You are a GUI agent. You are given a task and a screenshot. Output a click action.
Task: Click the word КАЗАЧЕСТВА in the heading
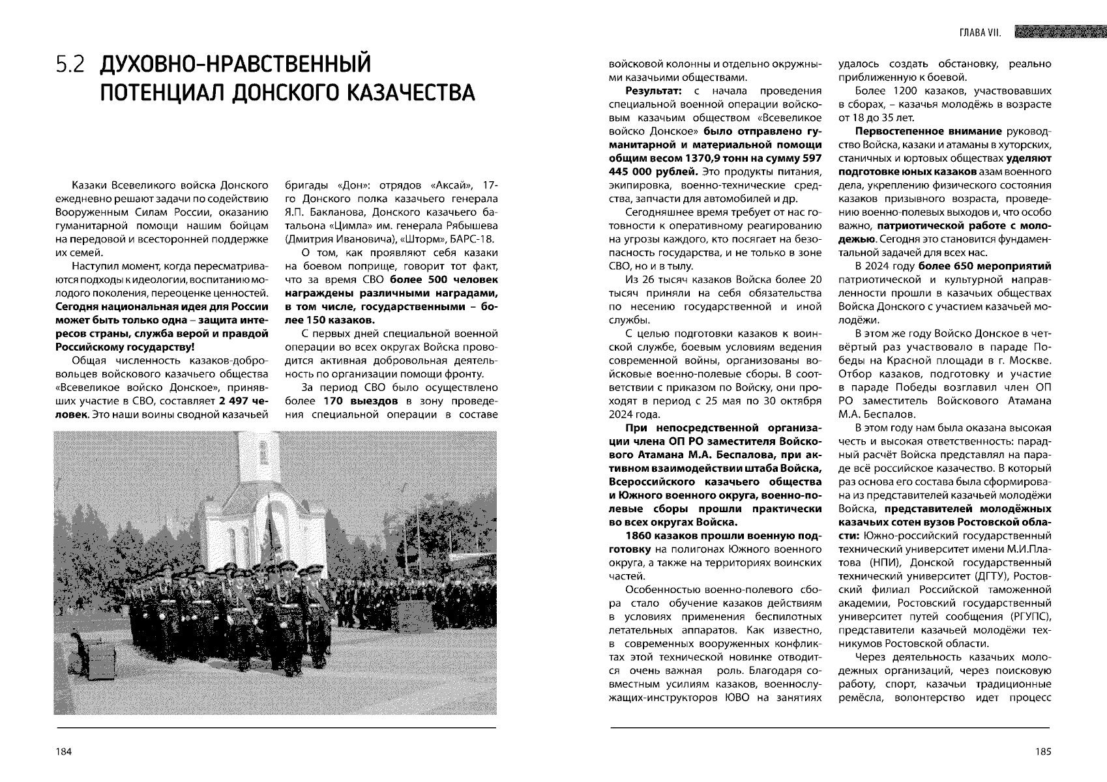click(408, 93)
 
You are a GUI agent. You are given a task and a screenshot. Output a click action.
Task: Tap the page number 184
click(63, 751)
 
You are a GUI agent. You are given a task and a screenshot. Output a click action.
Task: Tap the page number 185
click(1042, 751)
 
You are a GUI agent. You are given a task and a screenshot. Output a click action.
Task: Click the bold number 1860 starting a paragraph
click(637, 536)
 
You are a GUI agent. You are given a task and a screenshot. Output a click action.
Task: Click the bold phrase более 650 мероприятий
click(984, 266)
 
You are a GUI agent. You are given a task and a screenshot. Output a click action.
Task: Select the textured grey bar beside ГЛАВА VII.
click(1060, 31)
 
